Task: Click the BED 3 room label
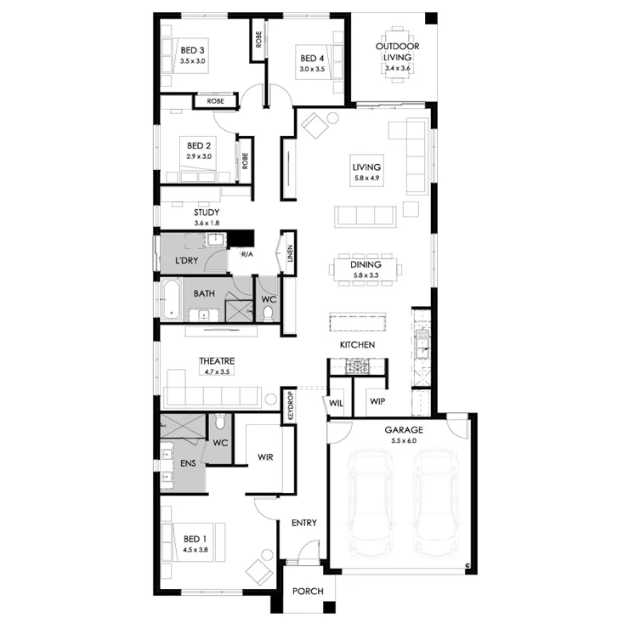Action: (192, 50)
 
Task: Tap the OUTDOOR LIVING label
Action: (397, 52)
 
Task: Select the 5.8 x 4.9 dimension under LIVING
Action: (366, 178)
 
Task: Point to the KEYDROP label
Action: (291, 405)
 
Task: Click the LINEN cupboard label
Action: (290, 253)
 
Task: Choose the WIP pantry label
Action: (377, 401)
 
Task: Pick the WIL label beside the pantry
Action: (336, 403)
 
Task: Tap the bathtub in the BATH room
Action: (172, 299)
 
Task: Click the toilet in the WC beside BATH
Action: (268, 313)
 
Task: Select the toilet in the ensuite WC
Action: (220, 422)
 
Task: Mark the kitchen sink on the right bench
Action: (422, 345)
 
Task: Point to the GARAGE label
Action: (404, 429)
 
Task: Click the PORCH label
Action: (308, 591)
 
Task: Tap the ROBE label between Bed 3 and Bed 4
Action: (258, 40)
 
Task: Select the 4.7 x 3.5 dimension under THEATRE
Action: (217, 371)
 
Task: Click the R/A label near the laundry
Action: (247, 254)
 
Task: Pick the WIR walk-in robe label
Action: (265, 457)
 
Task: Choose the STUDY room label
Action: (207, 212)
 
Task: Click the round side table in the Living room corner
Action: (332, 118)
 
